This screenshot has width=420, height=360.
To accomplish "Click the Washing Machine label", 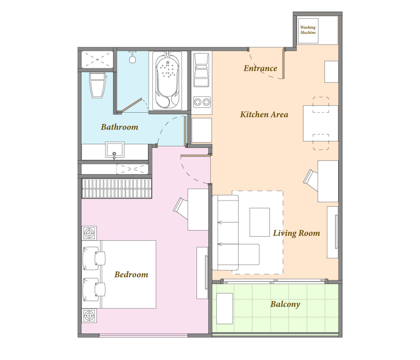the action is point(308,30).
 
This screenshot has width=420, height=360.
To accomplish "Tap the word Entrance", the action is point(260,68).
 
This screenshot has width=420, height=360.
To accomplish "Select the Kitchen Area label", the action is point(264,115).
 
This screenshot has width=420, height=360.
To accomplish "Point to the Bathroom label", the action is point(120,127).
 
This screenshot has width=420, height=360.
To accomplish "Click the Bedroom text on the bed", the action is point(131,274).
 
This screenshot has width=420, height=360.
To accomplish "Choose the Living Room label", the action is point(296,233).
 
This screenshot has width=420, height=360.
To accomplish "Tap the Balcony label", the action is point(285,304).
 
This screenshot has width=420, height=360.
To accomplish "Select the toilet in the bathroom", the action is point(97,85).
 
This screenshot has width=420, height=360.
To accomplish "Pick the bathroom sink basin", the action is point(115,150).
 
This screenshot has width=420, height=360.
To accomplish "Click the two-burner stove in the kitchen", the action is point(202,102).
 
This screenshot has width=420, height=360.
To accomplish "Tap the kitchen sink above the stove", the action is point(201,70).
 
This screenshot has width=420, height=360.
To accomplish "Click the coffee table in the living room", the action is point(260,222).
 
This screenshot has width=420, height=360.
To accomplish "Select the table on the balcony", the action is point(224,309).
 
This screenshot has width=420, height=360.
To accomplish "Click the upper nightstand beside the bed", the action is point(89,233).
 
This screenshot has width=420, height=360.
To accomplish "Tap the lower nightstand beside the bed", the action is point(89,316).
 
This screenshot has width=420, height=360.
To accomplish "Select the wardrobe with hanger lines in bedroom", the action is point(117,188).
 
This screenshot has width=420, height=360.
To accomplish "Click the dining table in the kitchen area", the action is point(320,123).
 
